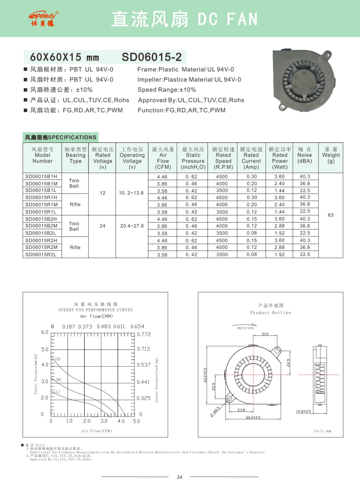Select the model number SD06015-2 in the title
(x=152, y=57)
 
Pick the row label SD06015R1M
(x=42, y=205)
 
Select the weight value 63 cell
(x=331, y=215)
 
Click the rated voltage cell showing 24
(x=102, y=226)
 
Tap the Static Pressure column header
(x=193, y=158)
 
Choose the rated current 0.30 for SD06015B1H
(x=252, y=177)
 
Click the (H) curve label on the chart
(x=58, y=359)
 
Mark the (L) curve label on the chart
(x=57, y=392)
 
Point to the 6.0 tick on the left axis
(x=45, y=332)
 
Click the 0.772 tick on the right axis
(x=144, y=334)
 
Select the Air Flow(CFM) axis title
(x=97, y=431)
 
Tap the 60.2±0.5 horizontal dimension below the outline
(x=253, y=418)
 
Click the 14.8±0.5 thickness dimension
(x=303, y=411)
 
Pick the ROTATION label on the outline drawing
(x=245, y=328)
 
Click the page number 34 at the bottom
(x=179, y=477)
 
